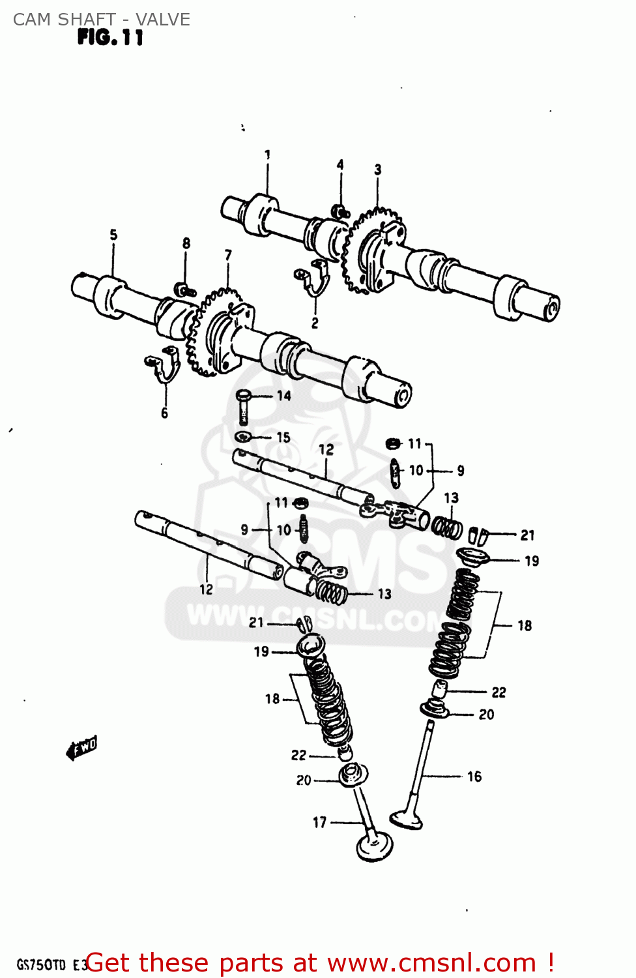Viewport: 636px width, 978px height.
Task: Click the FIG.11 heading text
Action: [x=109, y=38]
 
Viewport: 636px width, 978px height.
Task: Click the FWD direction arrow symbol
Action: [x=82, y=748]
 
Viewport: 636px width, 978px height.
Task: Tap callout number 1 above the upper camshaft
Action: [x=267, y=155]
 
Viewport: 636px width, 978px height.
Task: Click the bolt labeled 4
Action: [x=340, y=211]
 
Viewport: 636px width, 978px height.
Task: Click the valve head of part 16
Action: [x=407, y=818]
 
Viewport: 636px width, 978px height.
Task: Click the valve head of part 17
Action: [x=375, y=848]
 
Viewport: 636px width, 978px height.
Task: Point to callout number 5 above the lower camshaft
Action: [x=113, y=234]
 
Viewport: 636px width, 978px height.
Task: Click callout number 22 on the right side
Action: [x=499, y=692]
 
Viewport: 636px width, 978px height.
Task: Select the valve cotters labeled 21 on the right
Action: [x=479, y=536]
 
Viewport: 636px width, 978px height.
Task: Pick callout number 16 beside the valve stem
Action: [x=474, y=776]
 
